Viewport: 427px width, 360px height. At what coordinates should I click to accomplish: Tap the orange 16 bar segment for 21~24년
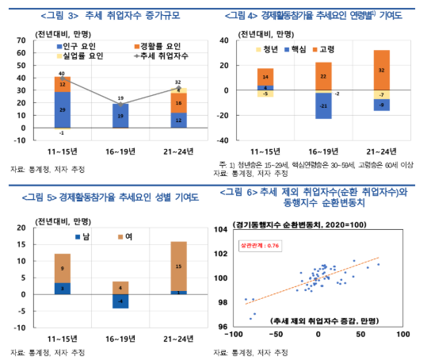pos(179,102)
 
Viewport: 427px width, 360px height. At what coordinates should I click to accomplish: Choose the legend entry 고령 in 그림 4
pos(322,49)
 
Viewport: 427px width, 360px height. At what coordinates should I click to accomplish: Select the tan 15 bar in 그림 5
pos(179,266)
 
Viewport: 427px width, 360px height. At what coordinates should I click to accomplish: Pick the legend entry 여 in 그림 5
pos(126,237)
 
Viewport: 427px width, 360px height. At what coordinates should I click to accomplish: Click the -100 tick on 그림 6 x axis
pos(234,335)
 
